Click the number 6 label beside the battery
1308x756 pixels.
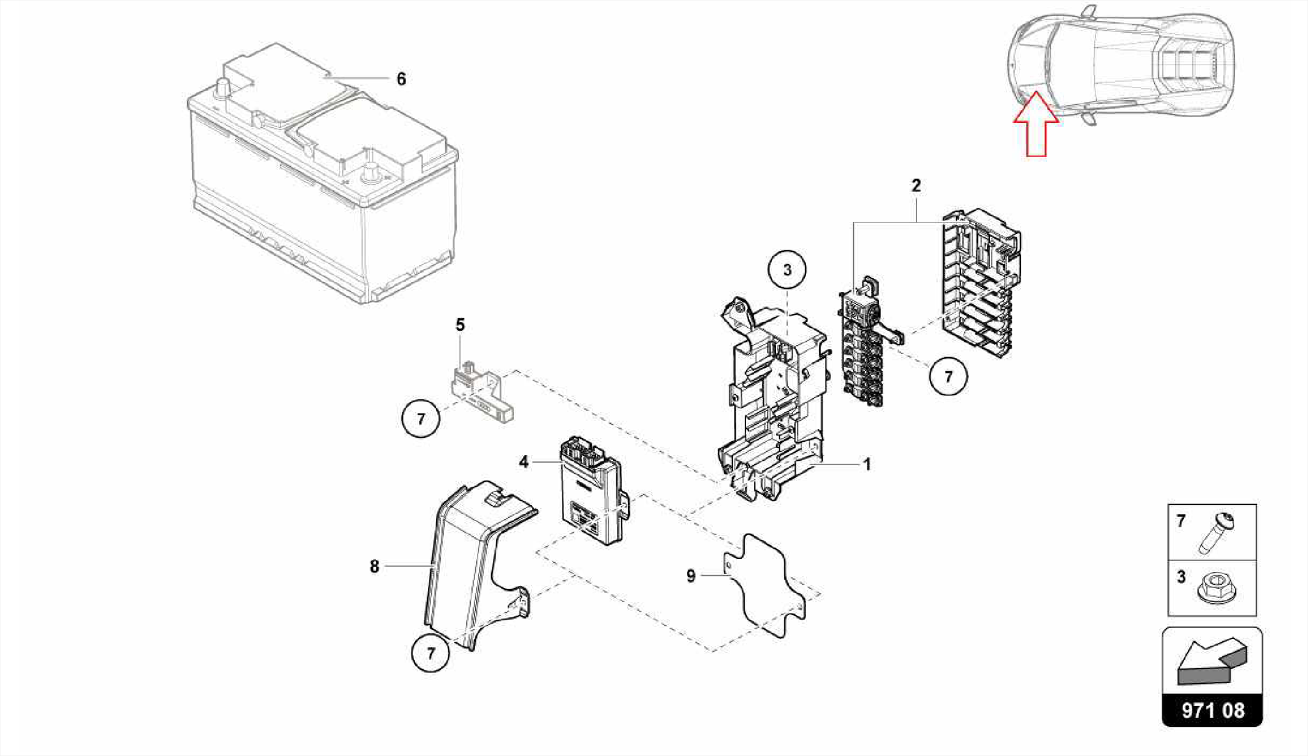pyautogui.click(x=401, y=79)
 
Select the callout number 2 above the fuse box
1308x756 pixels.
pyautogui.click(x=916, y=186)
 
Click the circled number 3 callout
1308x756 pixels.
pyautogui.click(x=787, y=270)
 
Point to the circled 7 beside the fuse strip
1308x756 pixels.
pyautogui.click(x=948, y=376)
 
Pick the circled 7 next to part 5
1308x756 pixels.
pyautogui.click(x=421, y=419)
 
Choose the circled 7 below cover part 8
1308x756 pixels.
pyautogui.click(x=431, y=654)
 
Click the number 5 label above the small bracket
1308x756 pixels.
pyautogui.click(x=460, y=325)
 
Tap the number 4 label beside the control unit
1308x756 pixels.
pyautogui.click(x=524, y=461)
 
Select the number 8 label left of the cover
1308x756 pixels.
pyautogui.click(x=374, y=566)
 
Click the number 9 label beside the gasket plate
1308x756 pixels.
pyautogui.click(x=691, y=576)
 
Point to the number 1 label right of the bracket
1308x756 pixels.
pyautogui.click(x=867, y=465)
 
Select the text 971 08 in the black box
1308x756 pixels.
pyautogui.click(x=1212, y=711)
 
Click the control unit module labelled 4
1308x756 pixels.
pyautogui.click(x=591, y=492)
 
